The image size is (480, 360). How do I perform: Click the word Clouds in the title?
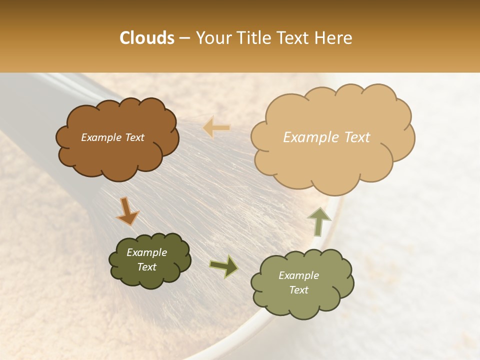pos(147,38)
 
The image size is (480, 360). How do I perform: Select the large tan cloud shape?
pos(332,160)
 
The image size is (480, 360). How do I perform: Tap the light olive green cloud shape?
pos(302,300)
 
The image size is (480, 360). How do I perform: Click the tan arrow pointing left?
pos(216,127)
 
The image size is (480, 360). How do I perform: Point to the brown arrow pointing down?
pos(127,211)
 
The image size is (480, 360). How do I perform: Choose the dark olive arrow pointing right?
pos(223,266)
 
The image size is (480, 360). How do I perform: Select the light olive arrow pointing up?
pos(317,221)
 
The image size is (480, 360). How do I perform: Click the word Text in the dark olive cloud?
pos(147,267)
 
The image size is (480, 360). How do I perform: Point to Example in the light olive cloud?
pos(298,275)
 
